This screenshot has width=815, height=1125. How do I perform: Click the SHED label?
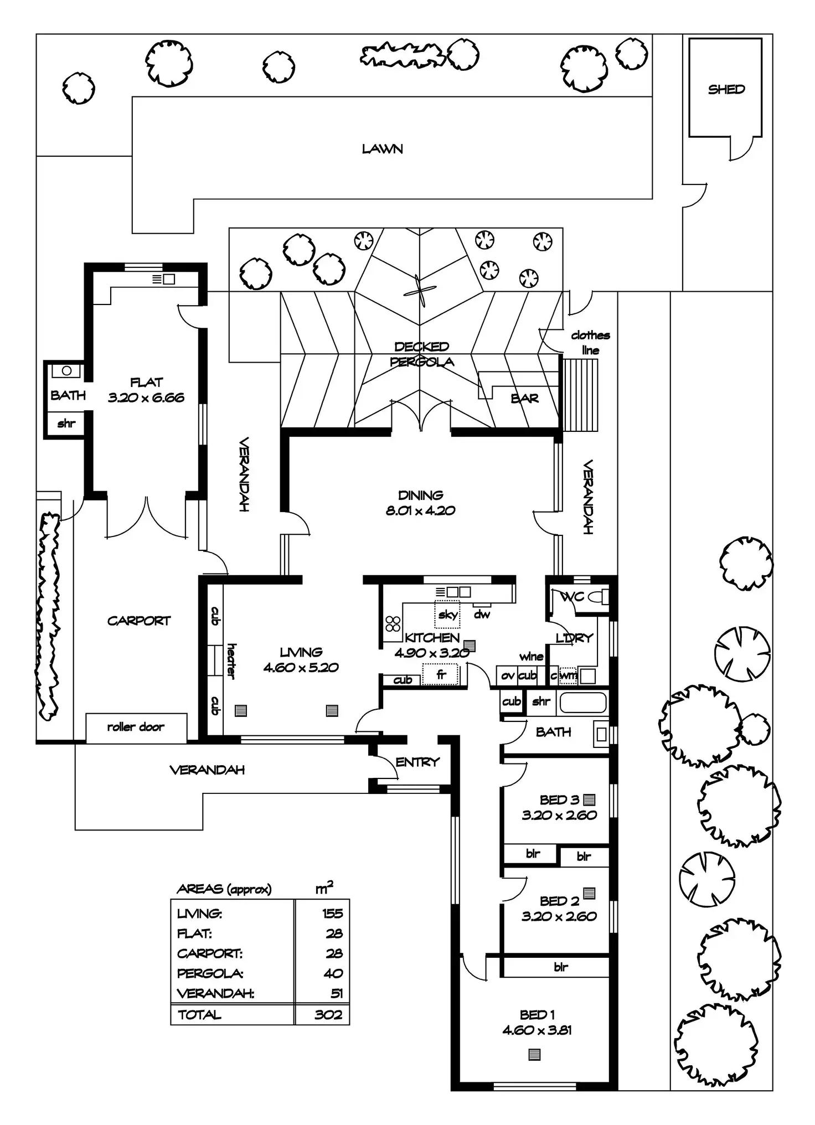point(726,89)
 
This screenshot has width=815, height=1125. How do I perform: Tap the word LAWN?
point(382,149)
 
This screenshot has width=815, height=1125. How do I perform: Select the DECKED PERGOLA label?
point(422,354)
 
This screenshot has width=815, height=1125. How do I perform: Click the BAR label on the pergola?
point(524,398)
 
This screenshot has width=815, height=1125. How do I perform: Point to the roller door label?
point(136,727)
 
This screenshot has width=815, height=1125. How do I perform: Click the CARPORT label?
point(138,621)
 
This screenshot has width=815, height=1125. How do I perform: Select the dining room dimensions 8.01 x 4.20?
point(420,510)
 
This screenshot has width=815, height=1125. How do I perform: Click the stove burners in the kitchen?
point(393,624)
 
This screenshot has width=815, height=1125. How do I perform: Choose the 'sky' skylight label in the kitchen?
point(448,615)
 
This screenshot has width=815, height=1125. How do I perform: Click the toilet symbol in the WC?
point(597,597)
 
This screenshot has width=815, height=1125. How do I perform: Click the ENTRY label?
point(417,762)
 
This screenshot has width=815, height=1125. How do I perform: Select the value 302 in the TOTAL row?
point(328,1015)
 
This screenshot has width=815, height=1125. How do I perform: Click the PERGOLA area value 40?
point(333,973)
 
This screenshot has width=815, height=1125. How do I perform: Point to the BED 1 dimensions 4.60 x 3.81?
point(537,1030)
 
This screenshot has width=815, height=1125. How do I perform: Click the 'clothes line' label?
point(590,343)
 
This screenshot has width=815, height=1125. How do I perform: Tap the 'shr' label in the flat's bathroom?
point(66,424)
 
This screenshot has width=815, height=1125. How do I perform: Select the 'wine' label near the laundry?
point(531,657)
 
